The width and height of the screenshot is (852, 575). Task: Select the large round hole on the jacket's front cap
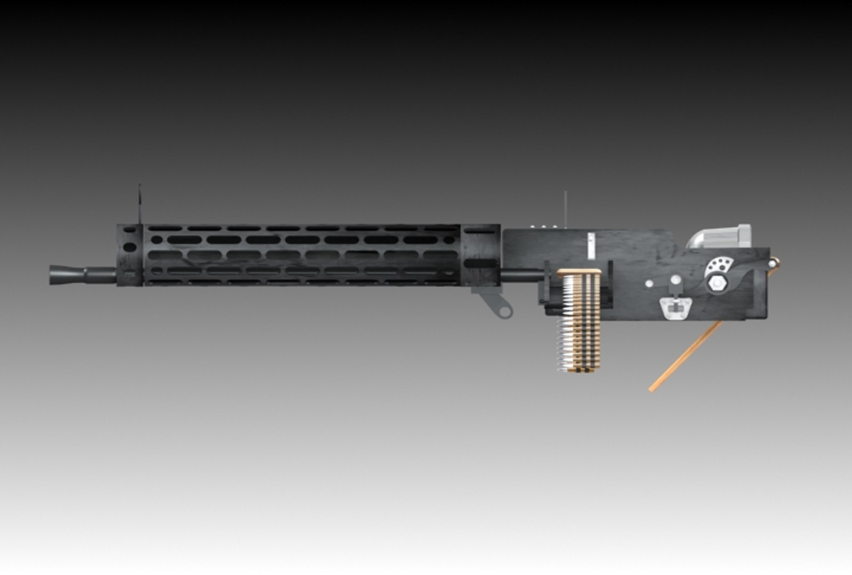[129, 248]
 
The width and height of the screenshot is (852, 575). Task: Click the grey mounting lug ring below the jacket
[504, 309]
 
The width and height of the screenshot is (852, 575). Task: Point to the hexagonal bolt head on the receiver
[715, 284]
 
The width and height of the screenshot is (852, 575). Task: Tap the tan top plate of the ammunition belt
[580, 273]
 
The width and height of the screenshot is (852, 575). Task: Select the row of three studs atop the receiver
[538, 226]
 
